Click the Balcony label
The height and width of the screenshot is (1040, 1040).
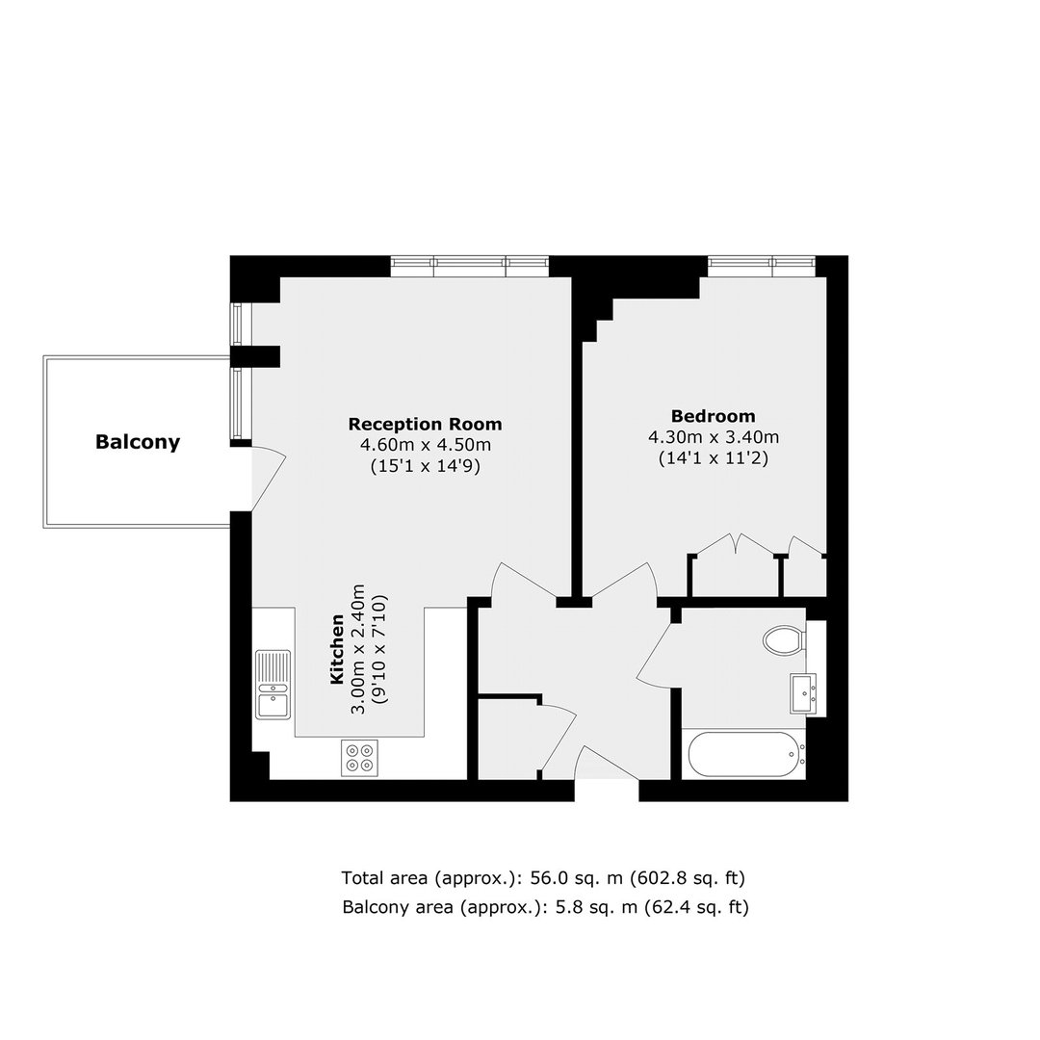pyautogui.click(x=138, y=442)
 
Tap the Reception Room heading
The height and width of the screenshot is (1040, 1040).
pyautogui.click(x=426, y=424)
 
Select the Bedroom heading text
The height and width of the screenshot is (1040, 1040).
pyautogui.click(x=713, y=416)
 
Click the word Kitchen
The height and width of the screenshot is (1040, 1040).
pyautogui.click(x=337, y=649)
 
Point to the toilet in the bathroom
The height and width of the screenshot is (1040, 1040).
pyautogui.click(x=785, y=640)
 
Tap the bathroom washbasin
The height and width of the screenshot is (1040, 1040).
pyautogui.click(x=803, y=693)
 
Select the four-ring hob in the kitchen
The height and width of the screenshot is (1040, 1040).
pyautogui.click(x=359, y=758)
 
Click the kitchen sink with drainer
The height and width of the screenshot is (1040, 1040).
pyautogui.click(x=273, y=683)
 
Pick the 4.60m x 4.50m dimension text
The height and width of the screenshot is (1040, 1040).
pyautogui.click(x=426, y=445)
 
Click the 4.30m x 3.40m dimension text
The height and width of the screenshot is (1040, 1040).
pyautogui.click(x=713, y=437)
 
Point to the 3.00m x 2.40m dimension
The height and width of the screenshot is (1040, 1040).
pyautogui.click(x=358, y=649)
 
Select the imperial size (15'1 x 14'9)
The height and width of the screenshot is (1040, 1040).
pyautogui.click(x=426, y=466)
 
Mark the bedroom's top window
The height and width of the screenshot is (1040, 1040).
pyautogui.click(x=761, y=267)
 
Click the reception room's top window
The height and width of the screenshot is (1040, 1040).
pyautogui.click(x=470, y=267)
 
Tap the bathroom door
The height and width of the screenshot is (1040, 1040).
pyautogui.click(x=654, y=651)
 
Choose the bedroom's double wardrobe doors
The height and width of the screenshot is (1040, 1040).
pyautogui.click(x=736, y=544)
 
